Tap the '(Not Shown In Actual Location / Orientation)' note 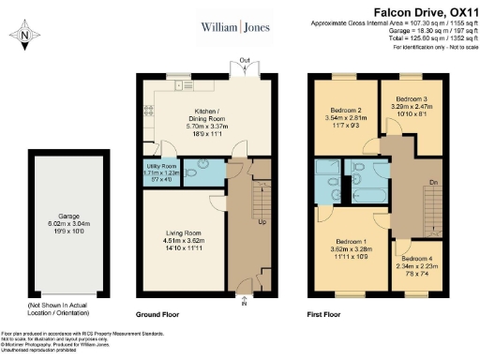[58, 310]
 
